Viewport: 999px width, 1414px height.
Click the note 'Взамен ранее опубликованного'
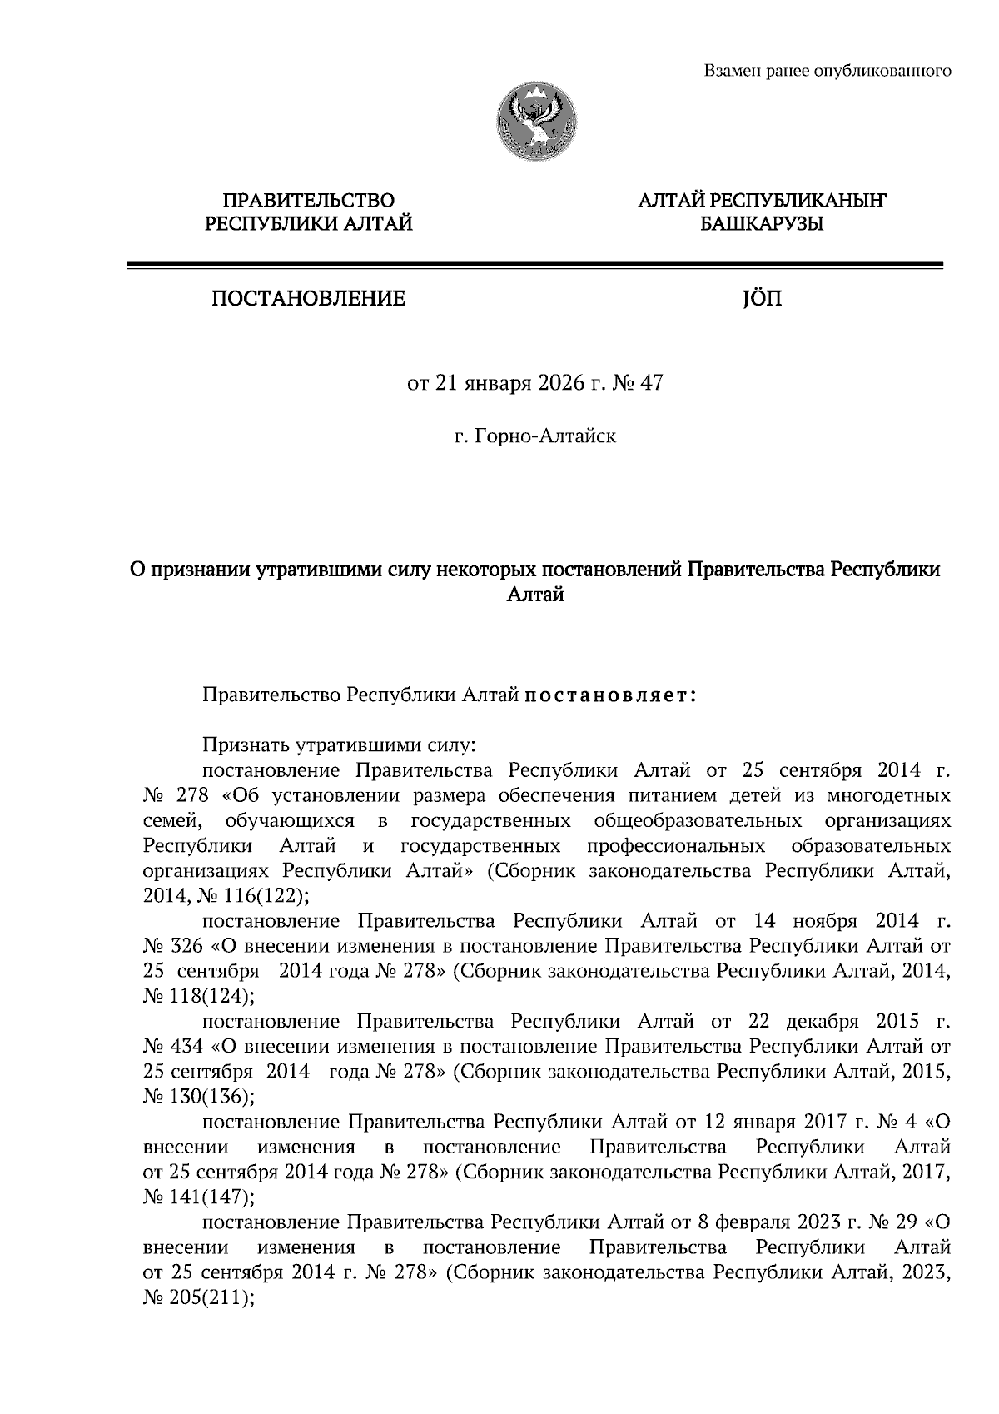tap(828, 71)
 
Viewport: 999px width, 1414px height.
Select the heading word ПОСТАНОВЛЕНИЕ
tap(308, 298)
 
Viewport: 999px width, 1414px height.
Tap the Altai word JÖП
tap(762, 298)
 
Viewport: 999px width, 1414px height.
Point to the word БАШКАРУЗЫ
tap(762, 223)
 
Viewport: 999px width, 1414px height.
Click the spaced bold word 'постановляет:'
tap(611, 695)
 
